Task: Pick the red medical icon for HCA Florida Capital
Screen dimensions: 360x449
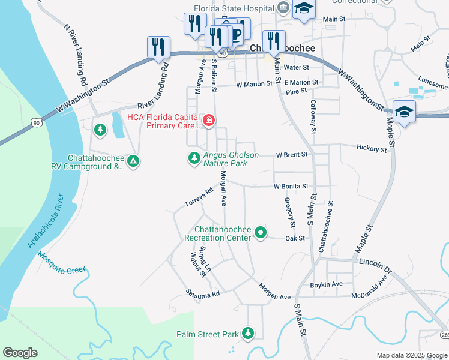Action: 208,121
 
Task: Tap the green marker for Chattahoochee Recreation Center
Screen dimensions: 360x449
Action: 260,232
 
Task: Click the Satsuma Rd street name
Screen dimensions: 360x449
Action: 203,294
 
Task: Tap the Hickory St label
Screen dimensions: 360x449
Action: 371,148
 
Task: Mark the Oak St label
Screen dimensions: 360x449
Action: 295,238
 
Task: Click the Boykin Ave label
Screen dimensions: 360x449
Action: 326,284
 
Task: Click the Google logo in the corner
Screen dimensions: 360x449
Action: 20,353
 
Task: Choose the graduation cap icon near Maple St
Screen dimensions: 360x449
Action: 404,111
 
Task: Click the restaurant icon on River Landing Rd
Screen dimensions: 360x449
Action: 158,47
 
